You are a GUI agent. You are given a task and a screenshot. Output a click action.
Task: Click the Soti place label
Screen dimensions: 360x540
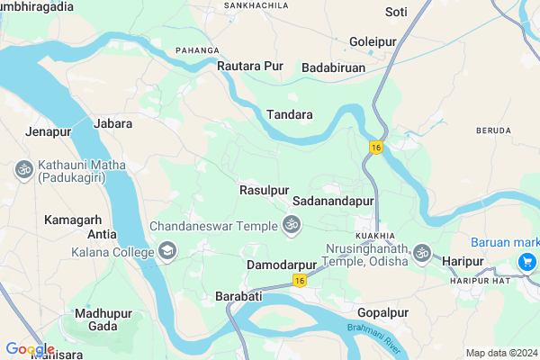pyautogui.click(x=396, y=12)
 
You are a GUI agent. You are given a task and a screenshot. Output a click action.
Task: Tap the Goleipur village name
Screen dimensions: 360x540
pyautogui.click(x=373, y=41)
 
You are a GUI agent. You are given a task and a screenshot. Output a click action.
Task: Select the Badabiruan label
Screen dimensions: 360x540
pyautogui.click(x=334, y=67)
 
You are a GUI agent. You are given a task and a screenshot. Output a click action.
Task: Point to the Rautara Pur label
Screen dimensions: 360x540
pyautogui.click(x=250, y=66)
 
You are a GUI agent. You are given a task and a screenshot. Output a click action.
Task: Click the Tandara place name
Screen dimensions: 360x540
pyautogui.click(x=290, y=114)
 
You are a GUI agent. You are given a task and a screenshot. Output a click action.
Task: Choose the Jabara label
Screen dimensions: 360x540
pyautogui.click(x=112, y=123)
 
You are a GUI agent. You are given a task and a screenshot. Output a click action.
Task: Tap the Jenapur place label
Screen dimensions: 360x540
pyautogui.click(x=49, y=132)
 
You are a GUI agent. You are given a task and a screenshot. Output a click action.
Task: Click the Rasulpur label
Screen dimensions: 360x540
pyautogui.click(x=264, y=190)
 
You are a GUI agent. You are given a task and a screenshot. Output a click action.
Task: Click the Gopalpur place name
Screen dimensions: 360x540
pyautogui.click(x=382, y=311)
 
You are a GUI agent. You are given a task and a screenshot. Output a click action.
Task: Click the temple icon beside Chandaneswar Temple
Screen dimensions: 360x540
pyautogui.click(x=291, y=225)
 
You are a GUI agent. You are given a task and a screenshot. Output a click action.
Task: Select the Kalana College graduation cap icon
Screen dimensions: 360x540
pyautogui.click(x=166, y=249)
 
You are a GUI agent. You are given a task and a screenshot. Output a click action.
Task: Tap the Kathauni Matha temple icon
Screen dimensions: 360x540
pyautogui.click(x=22, y=168)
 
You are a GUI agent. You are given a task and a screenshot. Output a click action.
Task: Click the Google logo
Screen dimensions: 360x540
pyautogui.click(x=30, y=349)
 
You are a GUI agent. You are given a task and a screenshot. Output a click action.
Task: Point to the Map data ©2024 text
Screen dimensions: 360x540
pyautogui.click(x=499, y=352)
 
